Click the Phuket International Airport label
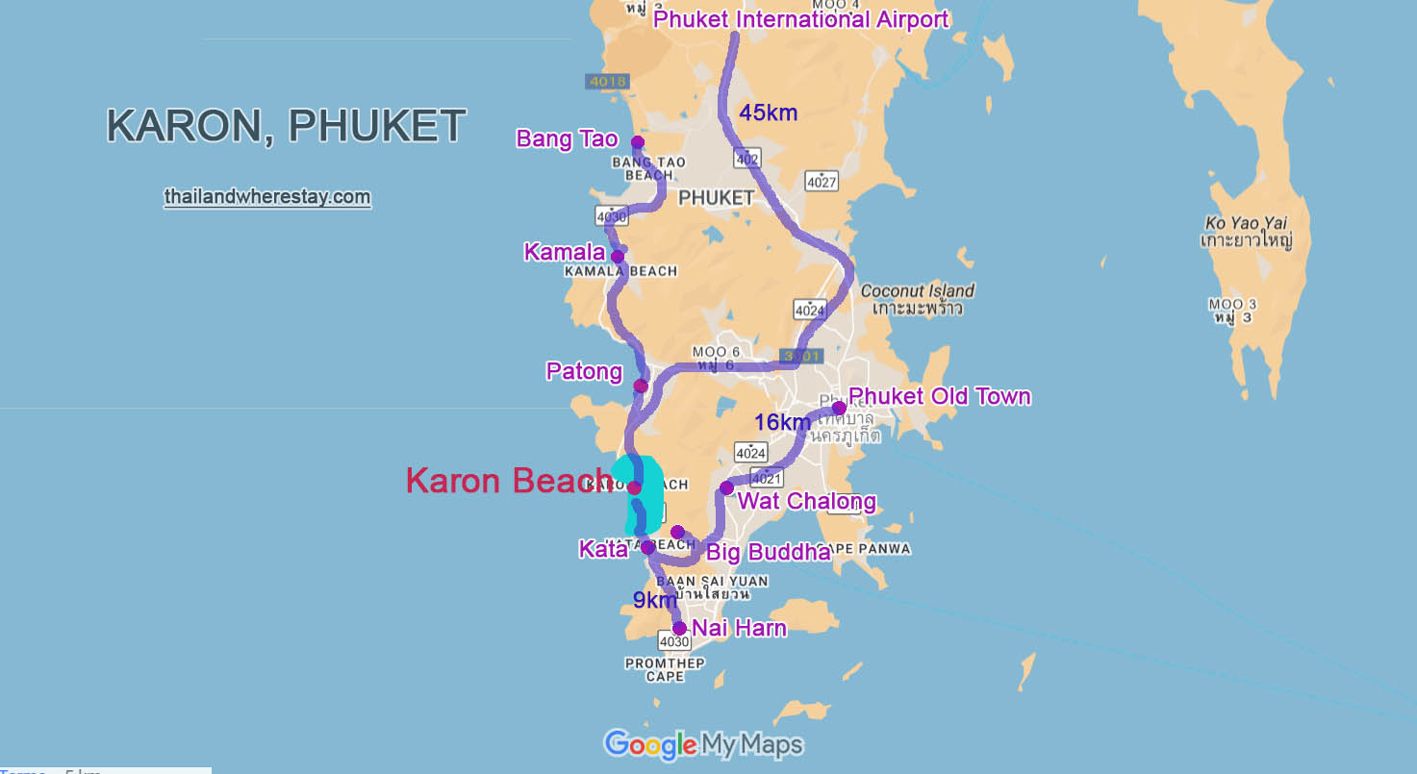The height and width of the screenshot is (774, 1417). point(800,19)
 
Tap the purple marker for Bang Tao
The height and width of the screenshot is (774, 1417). point(637,142)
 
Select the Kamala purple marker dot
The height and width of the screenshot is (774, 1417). point(618,257)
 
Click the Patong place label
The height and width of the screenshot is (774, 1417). point(584,371)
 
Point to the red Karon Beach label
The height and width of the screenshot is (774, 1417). point(508,481)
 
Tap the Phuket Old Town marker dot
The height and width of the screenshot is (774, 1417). point(839,409)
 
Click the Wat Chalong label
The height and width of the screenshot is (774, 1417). point(806,501)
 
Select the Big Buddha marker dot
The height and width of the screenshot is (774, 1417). point(677,533)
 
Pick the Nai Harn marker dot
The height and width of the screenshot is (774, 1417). point(679,629)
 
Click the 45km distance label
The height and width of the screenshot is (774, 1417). point(768,113)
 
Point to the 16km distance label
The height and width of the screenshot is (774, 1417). point(782,422)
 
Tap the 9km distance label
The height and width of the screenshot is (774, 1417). point(654,601)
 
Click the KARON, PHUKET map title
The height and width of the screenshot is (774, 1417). point(286,126)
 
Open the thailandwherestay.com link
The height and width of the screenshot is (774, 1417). point(266,197)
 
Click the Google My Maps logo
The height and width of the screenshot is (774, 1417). point(702,744)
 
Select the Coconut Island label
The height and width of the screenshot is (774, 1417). point(917,290)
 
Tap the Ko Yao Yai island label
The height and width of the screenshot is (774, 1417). point(1246,223)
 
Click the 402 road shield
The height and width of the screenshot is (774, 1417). point(746,159)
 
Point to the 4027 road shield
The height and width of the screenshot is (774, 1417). point(822,180)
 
